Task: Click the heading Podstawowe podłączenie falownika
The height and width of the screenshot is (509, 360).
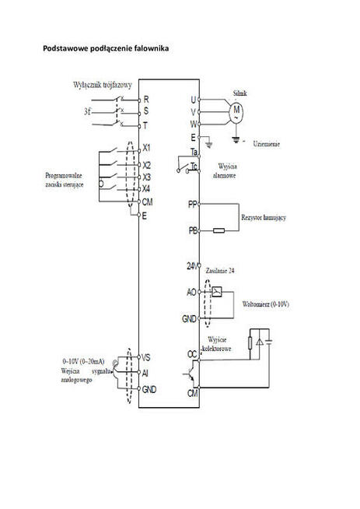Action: click(x=105, y=48)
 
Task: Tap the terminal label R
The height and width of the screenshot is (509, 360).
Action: click(x=145, y=100)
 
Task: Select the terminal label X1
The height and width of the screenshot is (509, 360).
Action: click(x=147, y=147)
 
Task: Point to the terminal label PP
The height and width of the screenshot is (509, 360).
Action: click(x=192, y=203)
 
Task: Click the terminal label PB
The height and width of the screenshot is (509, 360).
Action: click(x=192, y=230)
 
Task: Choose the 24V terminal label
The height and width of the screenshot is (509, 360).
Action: click(x=191, y=266)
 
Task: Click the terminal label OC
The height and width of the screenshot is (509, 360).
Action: click(x=192, y=354)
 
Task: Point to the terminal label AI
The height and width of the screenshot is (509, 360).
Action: click(x=145, y=372)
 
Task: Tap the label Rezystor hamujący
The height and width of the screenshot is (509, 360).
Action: click(x=264, y=217)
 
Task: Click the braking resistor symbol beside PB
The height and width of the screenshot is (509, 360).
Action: click(x=220, y=230)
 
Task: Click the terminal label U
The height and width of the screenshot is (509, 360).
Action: click(x=194, y=100)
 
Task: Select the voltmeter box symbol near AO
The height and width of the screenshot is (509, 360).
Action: click(x=216, y=292)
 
